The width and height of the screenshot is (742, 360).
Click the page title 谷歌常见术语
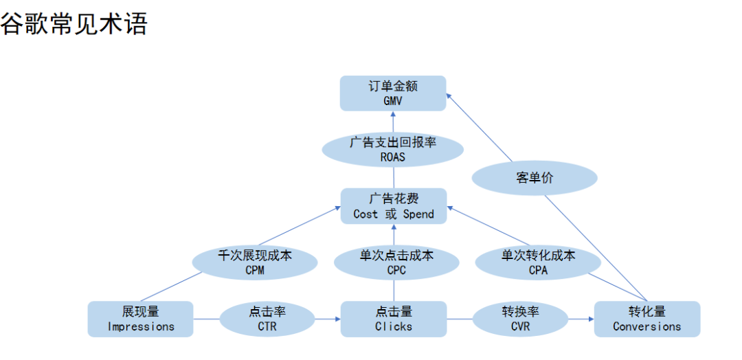pyautogui.click(x=74, y=23)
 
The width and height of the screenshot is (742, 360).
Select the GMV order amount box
pyautogui.click(x=393, y=93)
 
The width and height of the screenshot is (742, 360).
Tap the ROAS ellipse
pyautogui.click(x=393, y=148)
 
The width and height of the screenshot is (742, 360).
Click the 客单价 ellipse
pyautogui.click(x=535, y=178)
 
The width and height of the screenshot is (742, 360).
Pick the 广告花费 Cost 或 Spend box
pyautogui.click(x=394, y=206)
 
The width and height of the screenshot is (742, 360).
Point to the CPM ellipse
pyautogui.click(x=254, y=262)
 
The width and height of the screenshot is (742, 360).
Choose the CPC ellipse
pyautogui.click(x=396, y=262)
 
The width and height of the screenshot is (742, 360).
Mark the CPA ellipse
pyautogui.click(x=538, y=262)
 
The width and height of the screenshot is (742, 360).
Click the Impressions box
pyautogui.click(x=141, y=319)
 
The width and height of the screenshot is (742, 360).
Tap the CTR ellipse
pyautogui.click(x=267, y=319)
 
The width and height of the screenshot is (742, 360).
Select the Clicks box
pyautogui.click(x=394, y=319)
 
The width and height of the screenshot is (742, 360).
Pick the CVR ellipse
pyautogui.click(x=520, y=319)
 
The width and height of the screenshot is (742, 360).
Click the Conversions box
pyautogui.click(x=647, y=319)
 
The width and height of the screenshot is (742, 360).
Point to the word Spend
pyautogui.click(x=418, y=214)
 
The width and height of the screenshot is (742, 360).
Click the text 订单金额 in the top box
pyautogui.click(x=393, y=87)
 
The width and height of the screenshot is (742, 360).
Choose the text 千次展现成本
pyautogui.click(x=254, y=256)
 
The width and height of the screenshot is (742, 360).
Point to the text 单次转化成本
pyautogui.click(x=538, y=256)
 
